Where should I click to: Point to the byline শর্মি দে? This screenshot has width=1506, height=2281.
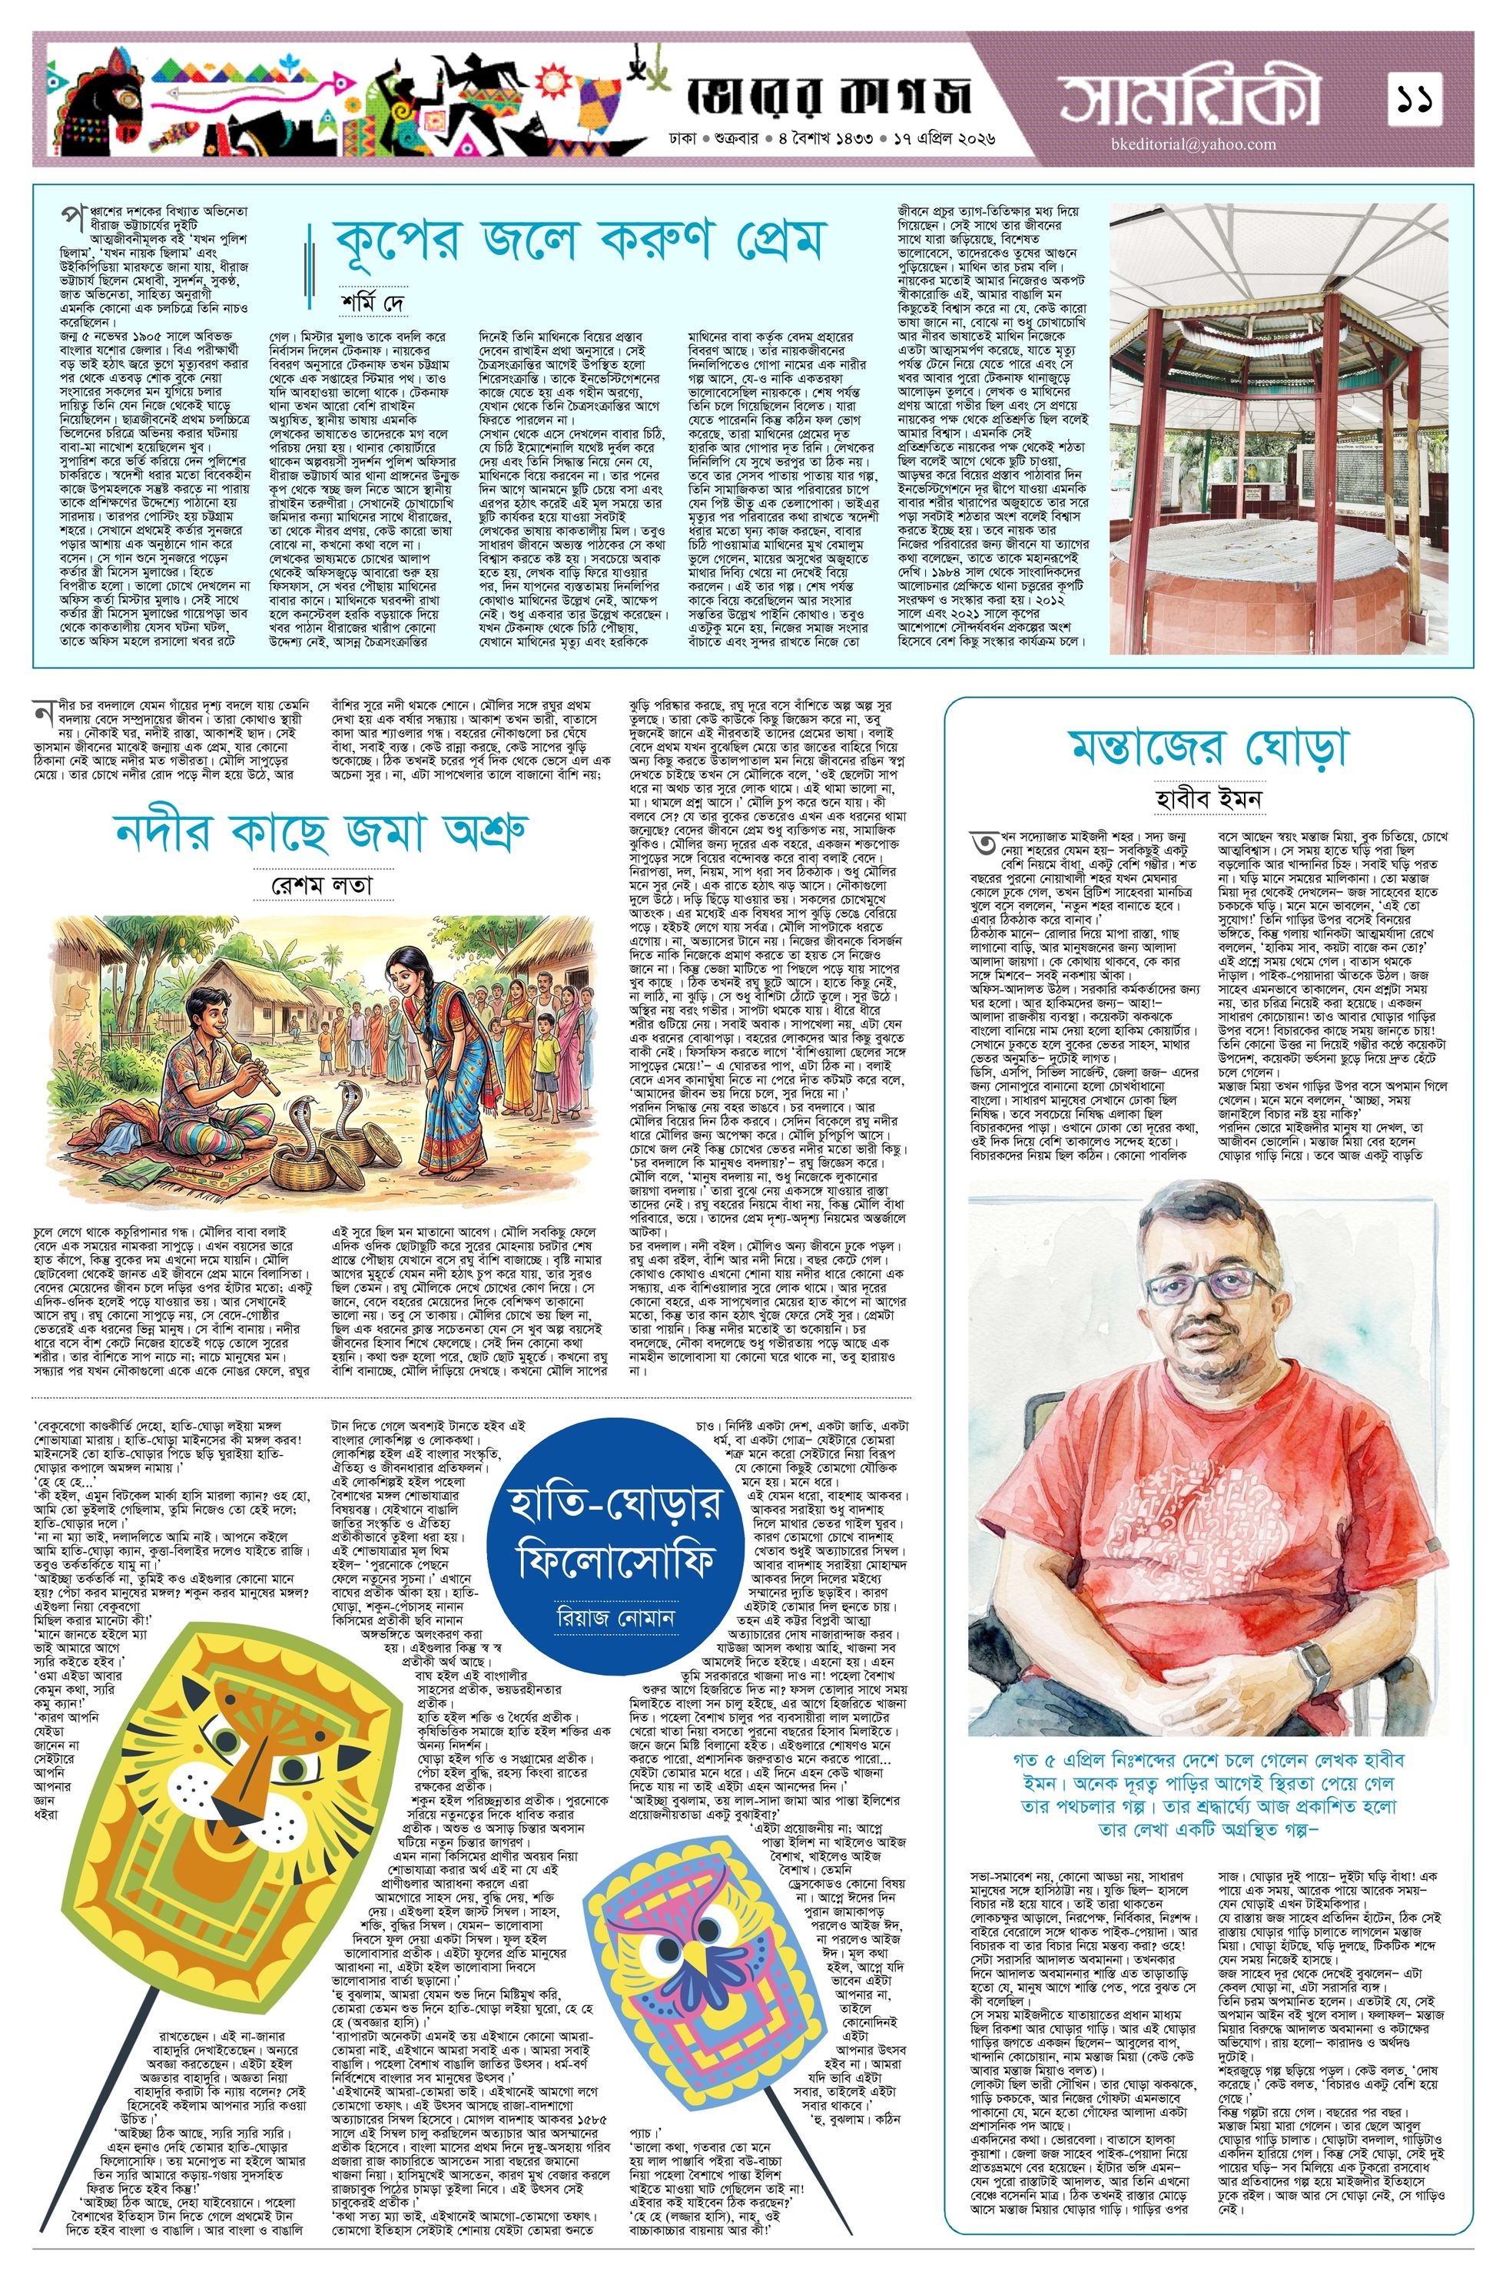point(373,297)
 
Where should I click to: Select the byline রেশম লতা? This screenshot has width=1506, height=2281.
point(321,884)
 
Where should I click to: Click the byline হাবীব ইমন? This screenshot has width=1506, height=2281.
point(1208,799)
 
